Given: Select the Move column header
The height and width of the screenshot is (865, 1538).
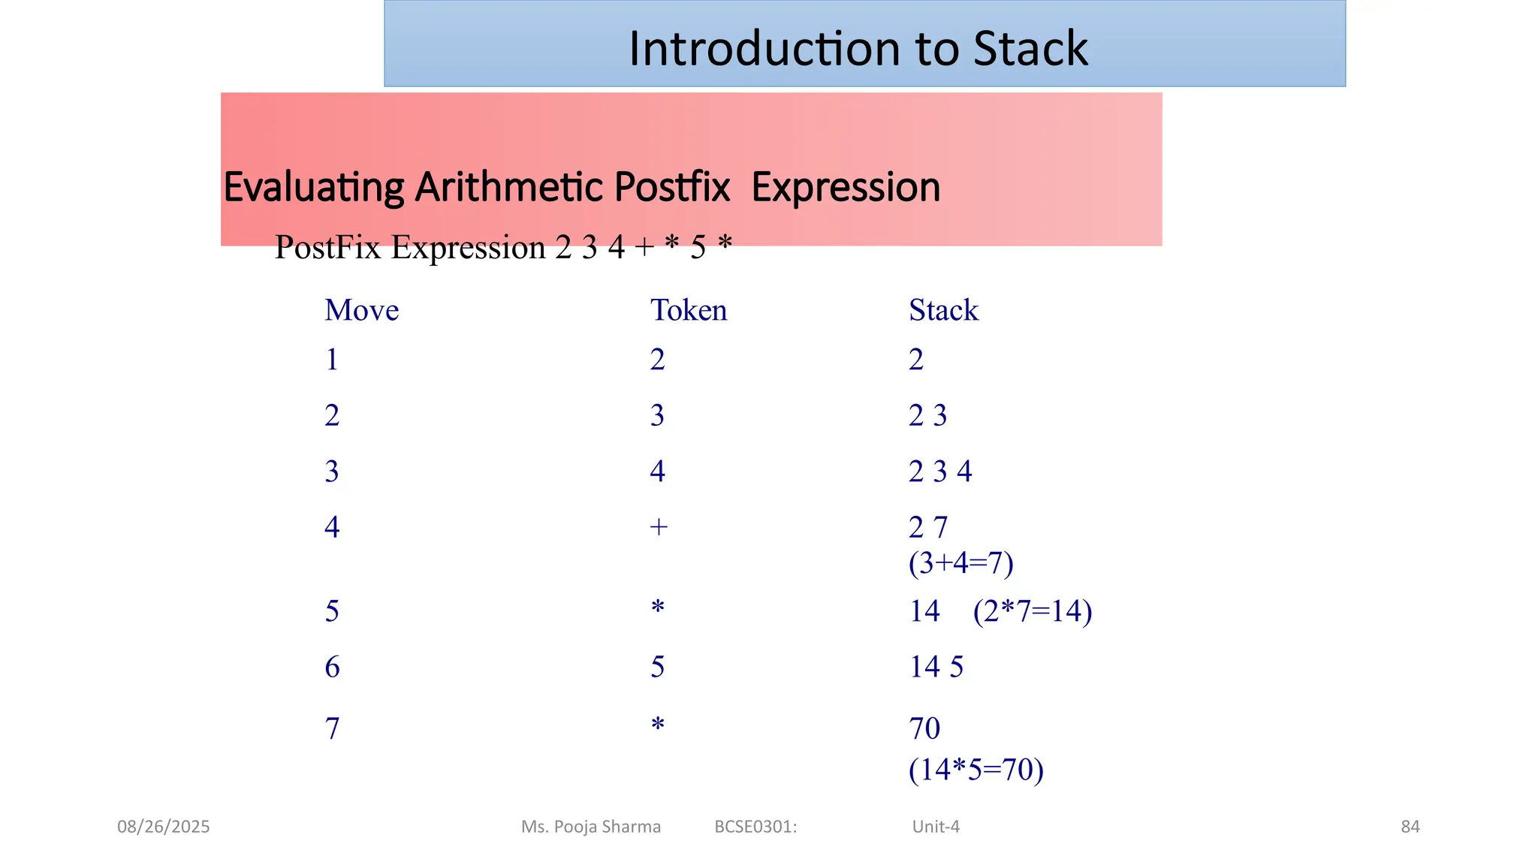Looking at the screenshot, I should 361,310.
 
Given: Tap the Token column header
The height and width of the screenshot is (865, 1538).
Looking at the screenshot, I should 688,310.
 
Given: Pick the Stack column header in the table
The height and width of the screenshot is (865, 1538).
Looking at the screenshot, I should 943,310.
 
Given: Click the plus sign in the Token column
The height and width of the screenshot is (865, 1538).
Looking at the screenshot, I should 658,527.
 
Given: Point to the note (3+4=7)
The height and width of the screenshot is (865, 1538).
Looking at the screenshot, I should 960,562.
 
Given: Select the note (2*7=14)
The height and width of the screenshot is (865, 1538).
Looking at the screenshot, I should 1032,611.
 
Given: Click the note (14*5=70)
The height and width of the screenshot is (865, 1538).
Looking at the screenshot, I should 976,770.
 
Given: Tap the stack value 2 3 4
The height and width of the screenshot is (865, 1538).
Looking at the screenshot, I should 940,472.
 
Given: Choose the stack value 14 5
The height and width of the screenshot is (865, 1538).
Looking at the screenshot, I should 936,667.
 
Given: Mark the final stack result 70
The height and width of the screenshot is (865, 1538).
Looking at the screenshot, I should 924,728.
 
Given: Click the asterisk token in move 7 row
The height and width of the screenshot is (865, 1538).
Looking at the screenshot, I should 658,725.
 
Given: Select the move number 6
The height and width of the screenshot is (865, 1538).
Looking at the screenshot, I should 332,667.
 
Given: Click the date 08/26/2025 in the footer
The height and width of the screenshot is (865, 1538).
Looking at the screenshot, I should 164,827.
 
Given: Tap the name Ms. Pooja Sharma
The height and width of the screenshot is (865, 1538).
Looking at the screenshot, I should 591,827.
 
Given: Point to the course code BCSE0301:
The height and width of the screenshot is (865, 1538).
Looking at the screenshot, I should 755,827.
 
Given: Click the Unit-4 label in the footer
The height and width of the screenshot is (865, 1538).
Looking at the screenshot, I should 936,827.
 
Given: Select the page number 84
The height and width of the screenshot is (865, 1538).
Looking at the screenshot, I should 1410,827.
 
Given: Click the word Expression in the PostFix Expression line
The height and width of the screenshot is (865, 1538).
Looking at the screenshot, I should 468,248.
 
